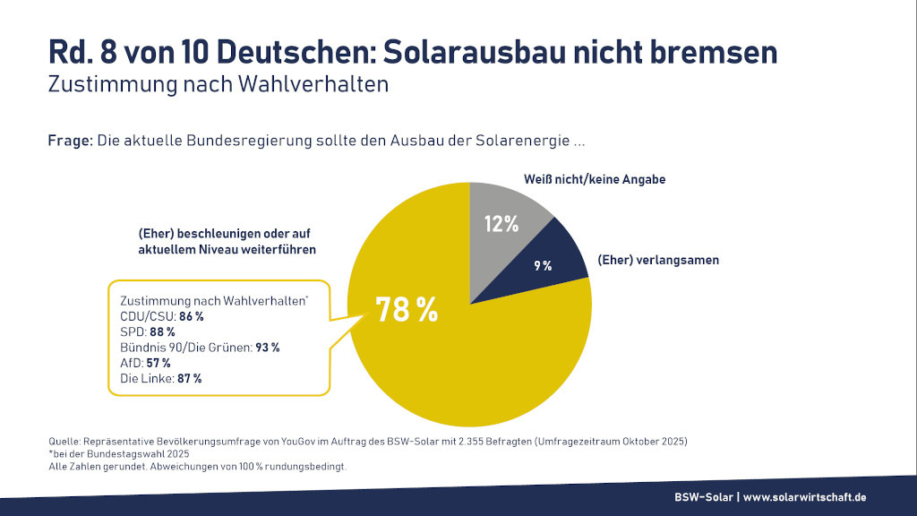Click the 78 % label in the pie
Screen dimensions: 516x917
click(x=407, y=309)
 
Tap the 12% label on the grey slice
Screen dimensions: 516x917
click(x=501, y=224)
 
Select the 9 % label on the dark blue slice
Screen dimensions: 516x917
click(x=544, y=265)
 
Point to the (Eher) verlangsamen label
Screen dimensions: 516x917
click(x=658, y=260)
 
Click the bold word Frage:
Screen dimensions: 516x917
click(x=70, y=142)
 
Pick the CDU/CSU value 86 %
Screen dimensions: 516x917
click(x=190, y=316)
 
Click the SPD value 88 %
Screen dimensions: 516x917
click(x=162, y=332)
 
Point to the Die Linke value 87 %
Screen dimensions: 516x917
click(x=188, y=379)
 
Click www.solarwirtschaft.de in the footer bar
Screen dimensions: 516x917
click(x=805, y=497)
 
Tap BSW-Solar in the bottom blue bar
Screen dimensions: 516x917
click(x=704, y=497)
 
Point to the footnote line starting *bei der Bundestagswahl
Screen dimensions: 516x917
click(x=107, y=455)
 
